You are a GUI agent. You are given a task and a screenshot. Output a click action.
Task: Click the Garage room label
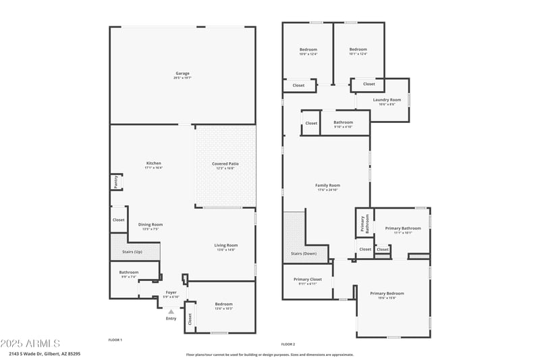tap(182, 74)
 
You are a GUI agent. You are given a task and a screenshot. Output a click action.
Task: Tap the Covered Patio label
tap(225, 164)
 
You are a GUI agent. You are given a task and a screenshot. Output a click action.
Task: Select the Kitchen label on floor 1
tap(154, 163)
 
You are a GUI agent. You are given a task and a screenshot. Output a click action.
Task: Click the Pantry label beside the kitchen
tap(115, 181)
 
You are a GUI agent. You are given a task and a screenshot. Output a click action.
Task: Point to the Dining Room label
tap(151, 225)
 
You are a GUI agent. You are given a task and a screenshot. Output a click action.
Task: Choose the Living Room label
tap(226, 246)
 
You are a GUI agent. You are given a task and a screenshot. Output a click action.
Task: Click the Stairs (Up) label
tap(132, 251)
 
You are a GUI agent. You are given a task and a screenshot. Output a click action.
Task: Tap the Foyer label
tap(171, 293)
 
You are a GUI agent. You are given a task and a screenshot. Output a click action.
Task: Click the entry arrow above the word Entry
tap(171, 311)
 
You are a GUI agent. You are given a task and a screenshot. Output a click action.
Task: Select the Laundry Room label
tap(387, 100)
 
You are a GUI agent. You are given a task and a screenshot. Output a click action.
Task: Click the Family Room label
tap(327, 186)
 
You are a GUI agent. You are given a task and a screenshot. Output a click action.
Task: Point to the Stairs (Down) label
tap(304, 254)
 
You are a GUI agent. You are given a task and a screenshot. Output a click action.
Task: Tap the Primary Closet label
tap(307, 280)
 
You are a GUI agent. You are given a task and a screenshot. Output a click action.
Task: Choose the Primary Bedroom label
tap(387, 294)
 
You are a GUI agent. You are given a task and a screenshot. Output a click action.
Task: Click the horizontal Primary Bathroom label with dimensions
tap(402, 229)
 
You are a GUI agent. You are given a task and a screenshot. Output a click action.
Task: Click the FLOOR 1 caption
tap(115, 339)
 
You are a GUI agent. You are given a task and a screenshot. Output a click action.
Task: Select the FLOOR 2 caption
tap(288, 344)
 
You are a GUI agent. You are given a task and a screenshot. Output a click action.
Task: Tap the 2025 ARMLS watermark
tap(30, 343)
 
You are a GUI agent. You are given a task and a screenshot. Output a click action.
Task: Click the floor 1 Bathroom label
tap(129, 273)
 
